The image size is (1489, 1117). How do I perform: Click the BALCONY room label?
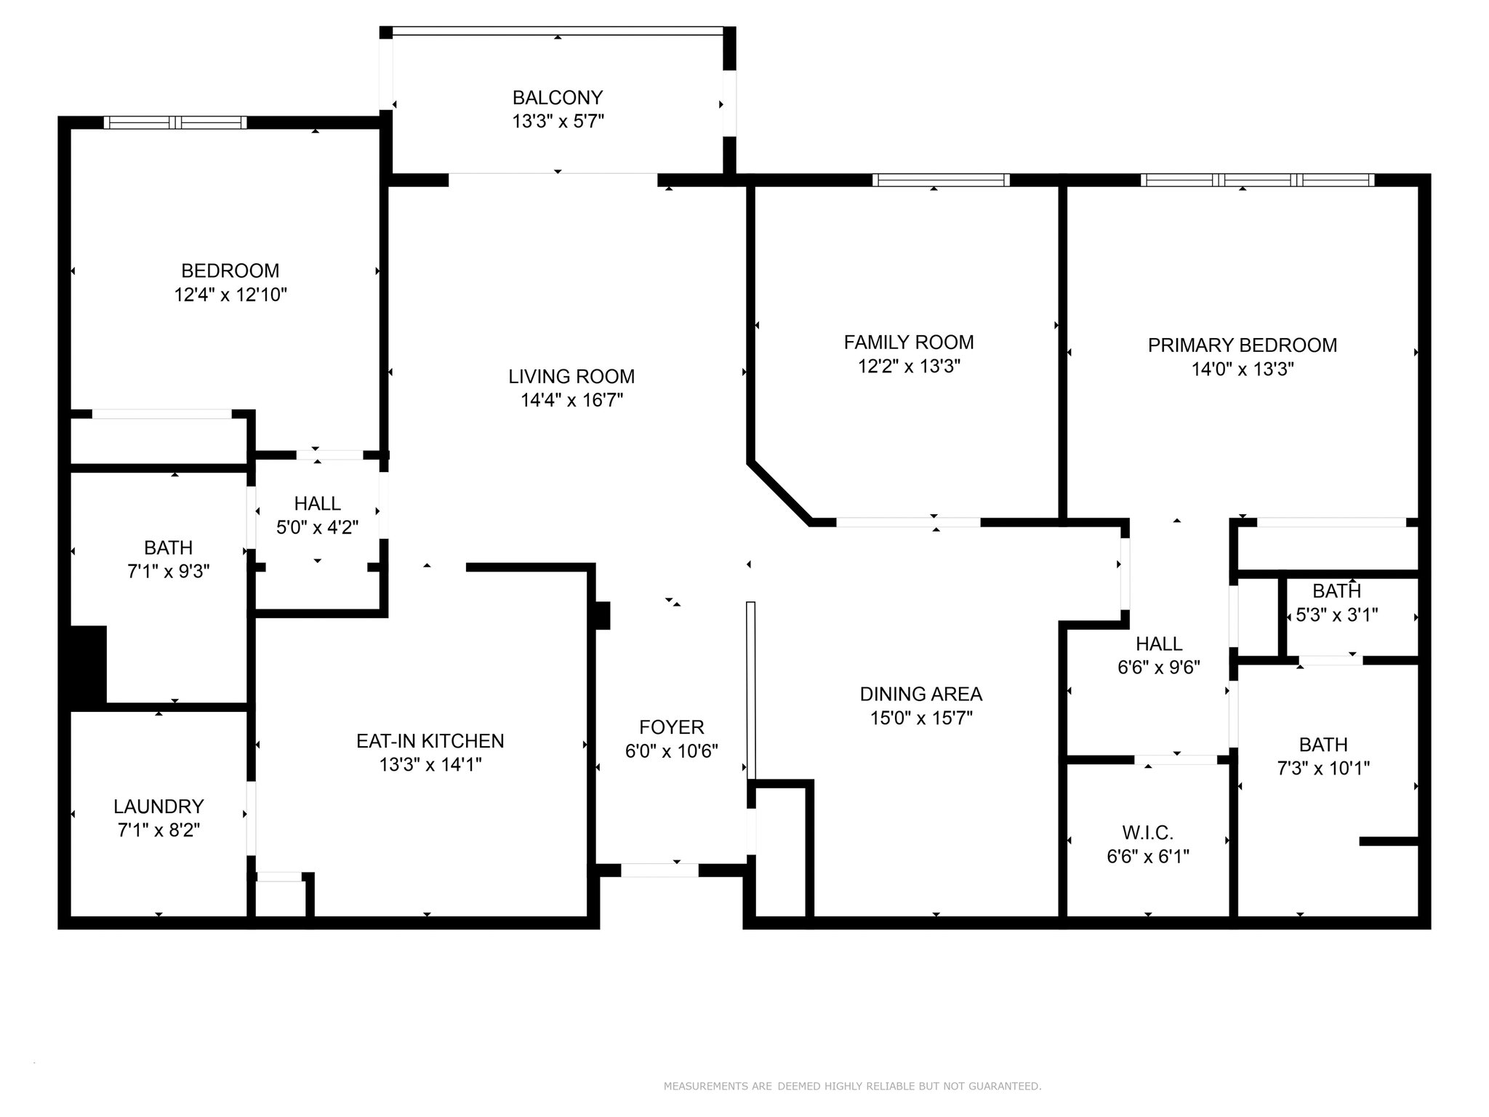[558, 97]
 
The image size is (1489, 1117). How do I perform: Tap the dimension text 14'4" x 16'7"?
[571, 400]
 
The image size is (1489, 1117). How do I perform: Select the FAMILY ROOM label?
[909, 342]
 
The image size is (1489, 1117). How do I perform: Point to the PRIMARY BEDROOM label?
[1243, 345]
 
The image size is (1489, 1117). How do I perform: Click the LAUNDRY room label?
[158, 806]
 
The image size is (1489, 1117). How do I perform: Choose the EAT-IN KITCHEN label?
[430, 740]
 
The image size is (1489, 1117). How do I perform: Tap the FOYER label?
[672, 727]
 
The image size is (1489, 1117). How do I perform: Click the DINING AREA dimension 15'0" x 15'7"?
[921, 718]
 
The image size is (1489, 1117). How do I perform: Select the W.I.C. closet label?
[1148, 832]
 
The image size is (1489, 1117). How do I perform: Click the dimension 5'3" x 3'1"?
[1337, 615]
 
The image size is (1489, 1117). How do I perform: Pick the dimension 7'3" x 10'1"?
[1323, 768]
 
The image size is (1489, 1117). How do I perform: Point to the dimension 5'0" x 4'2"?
[318, 527]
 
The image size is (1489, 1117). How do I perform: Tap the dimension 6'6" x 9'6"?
[1159, 667]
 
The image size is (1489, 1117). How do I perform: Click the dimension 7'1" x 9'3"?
[169, 572]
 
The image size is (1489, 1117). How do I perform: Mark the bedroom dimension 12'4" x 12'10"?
[230, 295]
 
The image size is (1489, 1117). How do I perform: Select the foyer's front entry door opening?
[659, 870]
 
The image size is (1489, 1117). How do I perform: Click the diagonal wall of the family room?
[779, 492]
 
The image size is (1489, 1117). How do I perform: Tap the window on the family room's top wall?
[941, 180]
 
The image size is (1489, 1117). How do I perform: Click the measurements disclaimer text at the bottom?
[852, 1086]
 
